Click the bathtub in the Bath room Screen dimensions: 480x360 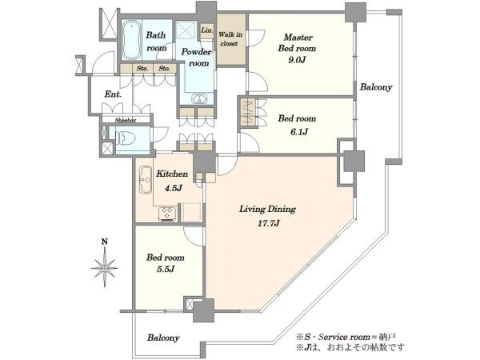coord(132,40)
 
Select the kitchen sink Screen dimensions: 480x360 coord(146,180)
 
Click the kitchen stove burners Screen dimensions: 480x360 coord(167,213)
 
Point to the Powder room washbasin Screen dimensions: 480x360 coord(199,99)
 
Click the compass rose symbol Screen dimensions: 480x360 coord(105,268)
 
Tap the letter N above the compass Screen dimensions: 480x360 coord(105,242)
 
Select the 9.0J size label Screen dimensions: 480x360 coord(297,60)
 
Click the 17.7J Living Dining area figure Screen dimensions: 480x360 coord(268,223)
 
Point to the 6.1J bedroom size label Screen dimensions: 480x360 coord(298,132)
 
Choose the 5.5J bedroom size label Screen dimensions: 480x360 coord(166,269)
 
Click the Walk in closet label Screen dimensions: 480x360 coord(230,39)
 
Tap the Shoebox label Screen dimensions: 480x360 coord(126,121)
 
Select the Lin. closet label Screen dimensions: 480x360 coord(206,30)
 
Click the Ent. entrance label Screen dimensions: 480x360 coord(113,94)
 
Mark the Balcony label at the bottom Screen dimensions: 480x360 coord(163,338)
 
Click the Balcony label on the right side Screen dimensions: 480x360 coord(376,87)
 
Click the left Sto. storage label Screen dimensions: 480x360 coord(142,68)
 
